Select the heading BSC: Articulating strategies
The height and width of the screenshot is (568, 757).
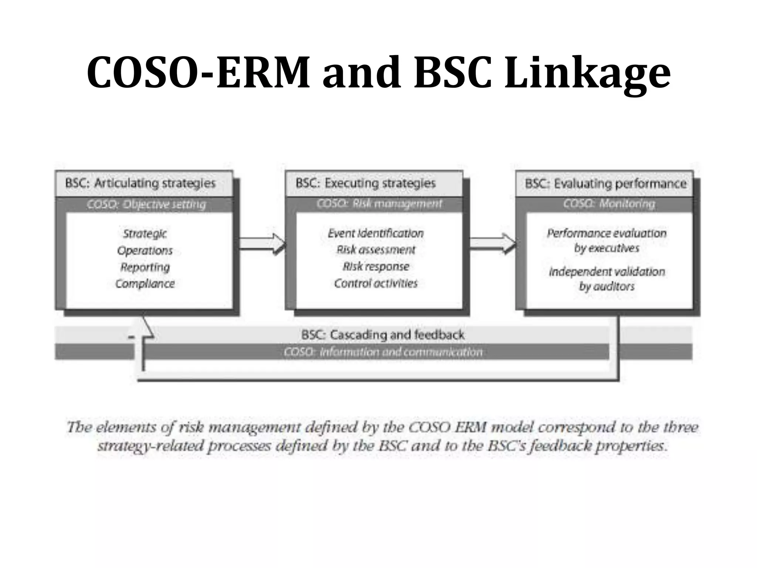tap(140, 183)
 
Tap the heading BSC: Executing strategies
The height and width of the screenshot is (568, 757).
tap(366, 183)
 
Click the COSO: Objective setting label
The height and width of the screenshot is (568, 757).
tap(146, 204)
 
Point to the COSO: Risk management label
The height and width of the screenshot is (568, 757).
tap(379, 204)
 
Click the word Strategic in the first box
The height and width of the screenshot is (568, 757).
tap(145, 234)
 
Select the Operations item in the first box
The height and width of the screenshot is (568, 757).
tap(145, 251)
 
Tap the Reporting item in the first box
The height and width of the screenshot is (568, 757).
tap(145, 267)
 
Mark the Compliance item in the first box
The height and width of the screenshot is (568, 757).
tap(145, 284)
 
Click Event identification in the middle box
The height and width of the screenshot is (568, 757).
tap(376, 233)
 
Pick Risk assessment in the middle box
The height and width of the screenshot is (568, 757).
tap(376, 250)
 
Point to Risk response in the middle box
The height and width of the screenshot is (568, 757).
tap(376, 267)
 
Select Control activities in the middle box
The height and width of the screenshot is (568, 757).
tap(376, 283)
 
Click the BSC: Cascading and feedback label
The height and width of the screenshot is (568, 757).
tap(383, 335)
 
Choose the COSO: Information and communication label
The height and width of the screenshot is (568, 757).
tap(383, 352)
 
